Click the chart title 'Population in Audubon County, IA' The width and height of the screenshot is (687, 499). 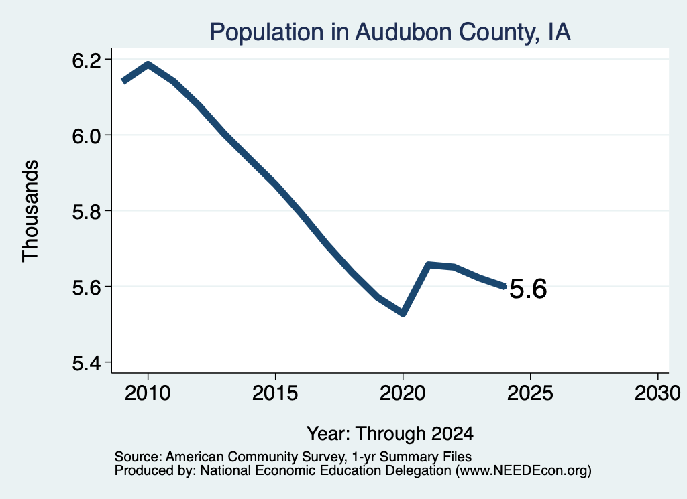pos(390,32)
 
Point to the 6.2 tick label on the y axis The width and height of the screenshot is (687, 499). pos(87,60)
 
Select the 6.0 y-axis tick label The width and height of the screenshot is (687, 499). pos(87,136)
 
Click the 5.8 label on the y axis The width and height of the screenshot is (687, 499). pos(87,212)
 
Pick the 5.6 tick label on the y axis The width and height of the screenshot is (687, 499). pos(87,287)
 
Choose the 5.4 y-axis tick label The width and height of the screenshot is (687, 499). pos(87,363)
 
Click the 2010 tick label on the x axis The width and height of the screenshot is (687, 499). pos(148,393)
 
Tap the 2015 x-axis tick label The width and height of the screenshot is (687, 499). pos(275,393)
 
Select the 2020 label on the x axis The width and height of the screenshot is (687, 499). pos(403,393)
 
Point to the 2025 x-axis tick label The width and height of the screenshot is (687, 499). pos(530,393)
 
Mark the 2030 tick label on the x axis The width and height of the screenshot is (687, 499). pos(657,393)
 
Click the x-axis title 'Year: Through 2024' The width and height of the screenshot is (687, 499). pos(390,433)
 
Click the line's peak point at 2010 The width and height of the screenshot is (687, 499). pos(148,65)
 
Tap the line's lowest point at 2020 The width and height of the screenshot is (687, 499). pos(403,313)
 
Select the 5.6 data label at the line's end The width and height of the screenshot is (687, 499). pos(529,289)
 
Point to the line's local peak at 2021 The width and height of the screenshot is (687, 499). pos(429,265)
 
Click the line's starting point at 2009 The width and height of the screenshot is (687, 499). pos(123,81)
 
